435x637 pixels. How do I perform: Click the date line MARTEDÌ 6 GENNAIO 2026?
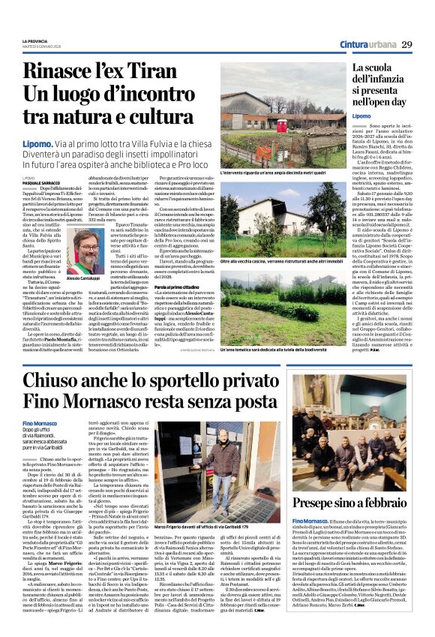pos(38,47)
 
